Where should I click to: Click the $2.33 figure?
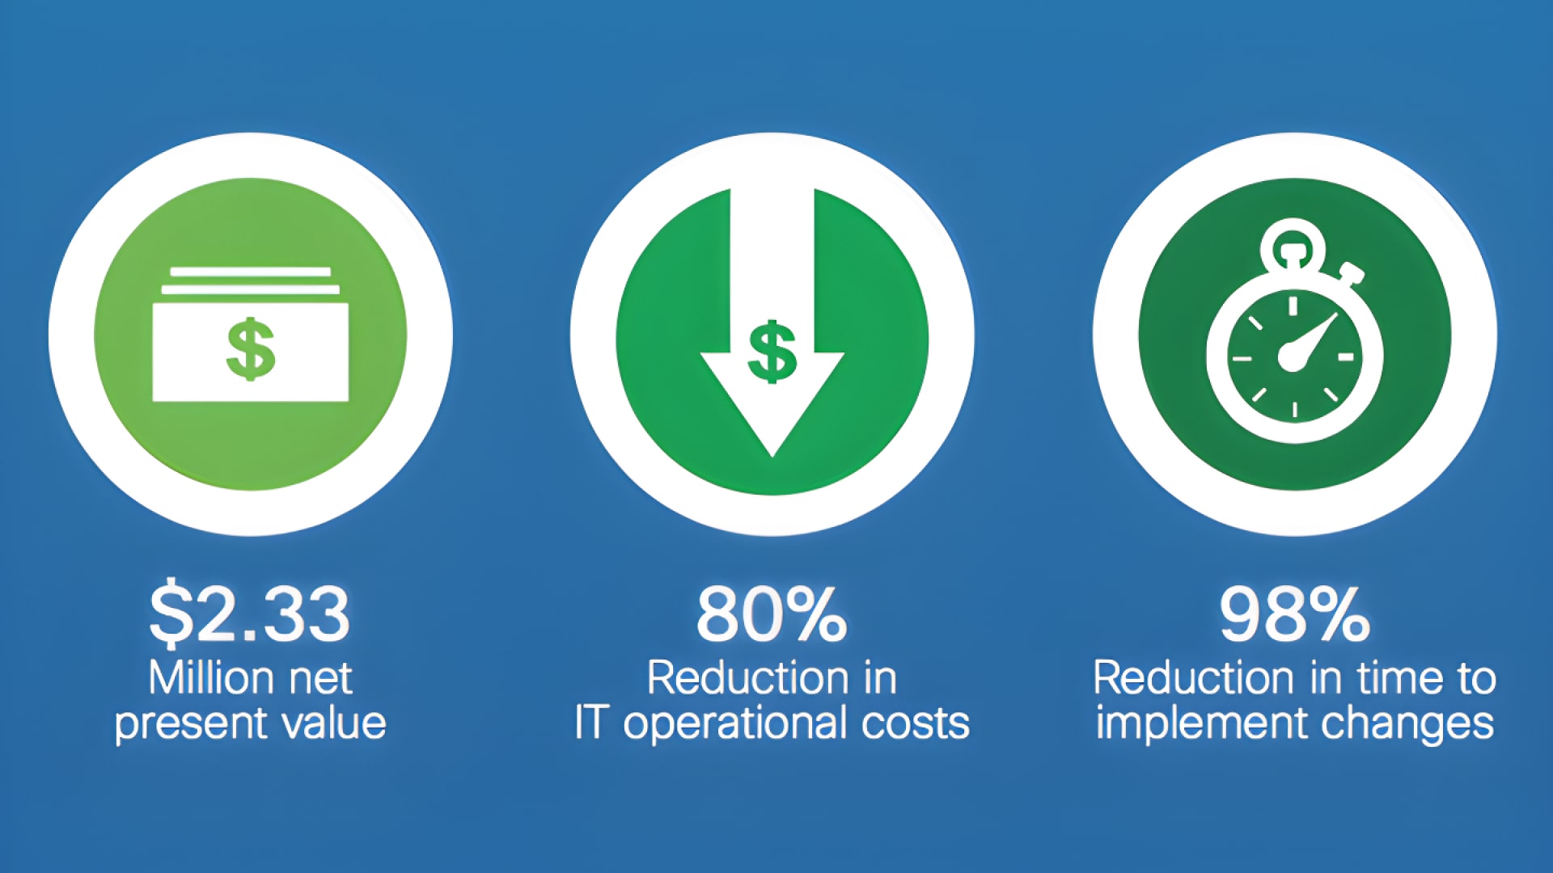click(249, 614)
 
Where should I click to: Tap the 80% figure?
click(772, 614)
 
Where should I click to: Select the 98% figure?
click(1294, 614)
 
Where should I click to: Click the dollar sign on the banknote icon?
click(251, 348)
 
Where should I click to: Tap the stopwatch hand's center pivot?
click(1292, 356)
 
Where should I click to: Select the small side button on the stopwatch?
click(1352, 272)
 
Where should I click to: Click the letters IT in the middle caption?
click(590, 723)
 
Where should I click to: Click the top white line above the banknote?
click(251, 272)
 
